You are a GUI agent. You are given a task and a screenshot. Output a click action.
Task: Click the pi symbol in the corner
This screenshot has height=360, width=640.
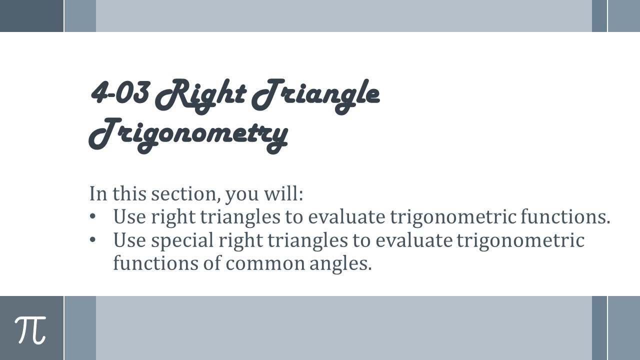click(x=30, y=330)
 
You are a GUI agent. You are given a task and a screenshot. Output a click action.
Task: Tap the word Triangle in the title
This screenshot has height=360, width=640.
click(x=315, y=94)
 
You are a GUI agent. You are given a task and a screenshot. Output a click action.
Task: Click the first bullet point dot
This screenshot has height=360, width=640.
click(x=92, y=217)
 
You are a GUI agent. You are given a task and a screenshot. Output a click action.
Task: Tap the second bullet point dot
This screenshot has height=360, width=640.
click(x=92, y=240)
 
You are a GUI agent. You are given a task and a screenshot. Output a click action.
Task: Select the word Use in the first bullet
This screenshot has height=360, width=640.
click(x=129, y=217)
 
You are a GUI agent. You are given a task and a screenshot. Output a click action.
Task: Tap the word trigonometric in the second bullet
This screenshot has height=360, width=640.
click(x=520, y=240)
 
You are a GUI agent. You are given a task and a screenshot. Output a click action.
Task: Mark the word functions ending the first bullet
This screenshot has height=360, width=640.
click(x=565, y=217)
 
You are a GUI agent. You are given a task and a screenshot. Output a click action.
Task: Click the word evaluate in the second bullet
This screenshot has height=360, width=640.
click(x=413, y=240)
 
